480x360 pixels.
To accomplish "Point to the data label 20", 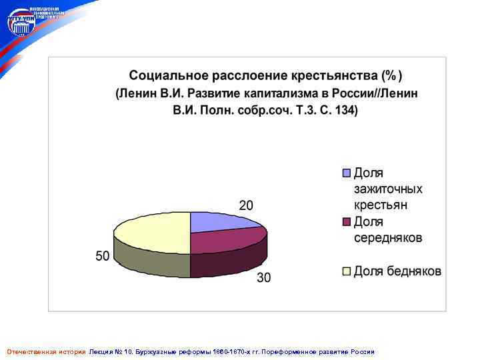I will pyautogui.click(x=246, y=205).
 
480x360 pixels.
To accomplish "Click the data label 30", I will pyautogui.click(x=264, y=278).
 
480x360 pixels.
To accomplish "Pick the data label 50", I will pyautogui.click(x=102, y=257).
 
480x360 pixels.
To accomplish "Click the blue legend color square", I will pyautogui.click(x=346, y=173).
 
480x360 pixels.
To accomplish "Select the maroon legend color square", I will pyautogui.click(x=346, y=222).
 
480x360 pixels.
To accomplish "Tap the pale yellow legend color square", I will pyautogui.click(x=346, y=271).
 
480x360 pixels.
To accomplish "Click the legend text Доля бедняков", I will pyautogui.click(x=397, y=271).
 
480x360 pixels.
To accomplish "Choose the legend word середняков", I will pyautogui.click(x=387, y=238).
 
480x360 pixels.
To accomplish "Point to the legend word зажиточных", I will pyautogui.click(x=387, y=189).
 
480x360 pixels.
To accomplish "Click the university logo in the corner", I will pyautogui.click(x=21, y=23).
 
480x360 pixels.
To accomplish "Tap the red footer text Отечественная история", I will pyautogui.click(x=46, y=351).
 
